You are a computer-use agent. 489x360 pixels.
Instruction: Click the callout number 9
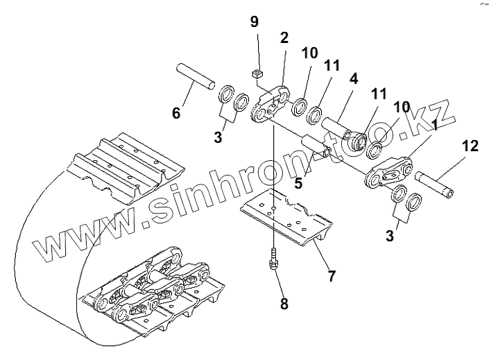point(254,22)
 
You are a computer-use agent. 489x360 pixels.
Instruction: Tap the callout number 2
point(284,38)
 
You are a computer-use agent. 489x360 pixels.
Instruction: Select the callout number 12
point(470,146)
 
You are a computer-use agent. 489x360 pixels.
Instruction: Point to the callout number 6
point(176,112)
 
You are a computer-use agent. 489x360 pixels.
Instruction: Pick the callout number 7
point(332,275)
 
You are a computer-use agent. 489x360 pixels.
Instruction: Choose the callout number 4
point(353,78)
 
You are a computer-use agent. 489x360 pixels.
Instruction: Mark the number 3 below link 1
point(391,236)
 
